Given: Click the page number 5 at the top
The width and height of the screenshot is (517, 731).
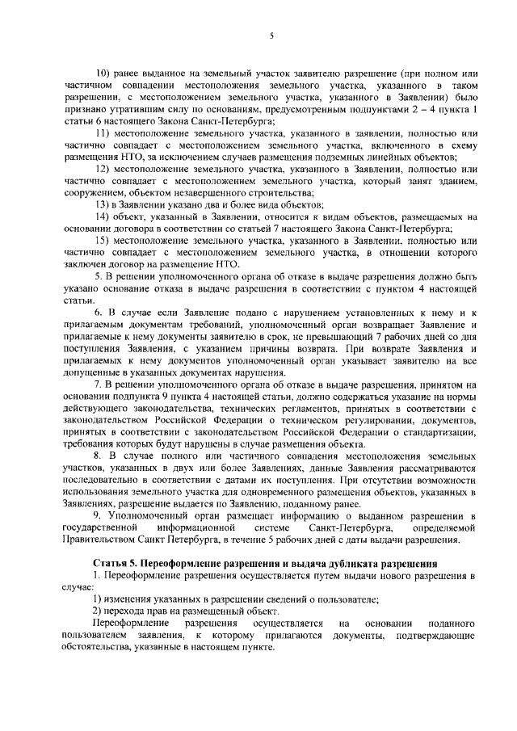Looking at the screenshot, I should click(272, 36).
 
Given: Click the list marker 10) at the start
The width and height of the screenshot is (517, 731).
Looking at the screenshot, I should click(103, 72).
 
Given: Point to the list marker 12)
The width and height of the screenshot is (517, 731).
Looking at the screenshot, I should click(103, 169).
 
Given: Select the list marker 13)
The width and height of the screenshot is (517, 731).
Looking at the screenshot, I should click(103, 205).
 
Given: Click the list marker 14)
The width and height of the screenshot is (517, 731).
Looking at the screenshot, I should click(103, 217).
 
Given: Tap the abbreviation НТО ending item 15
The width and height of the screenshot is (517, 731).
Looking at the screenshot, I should click(229, 266).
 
